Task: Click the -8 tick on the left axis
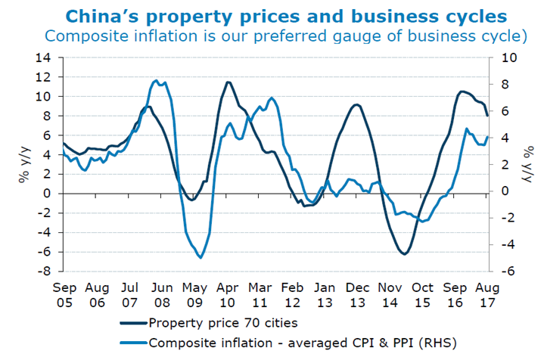tap(47, 271)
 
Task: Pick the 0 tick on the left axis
tap(50, 194)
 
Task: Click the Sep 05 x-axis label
tap(66, 295)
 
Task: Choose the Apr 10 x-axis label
tap(228, 295)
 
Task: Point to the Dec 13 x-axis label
tap(356, 295)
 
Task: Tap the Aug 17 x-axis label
tap(486, 295)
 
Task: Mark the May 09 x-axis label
tap(195, 295)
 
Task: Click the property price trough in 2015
tap(405, 254)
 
